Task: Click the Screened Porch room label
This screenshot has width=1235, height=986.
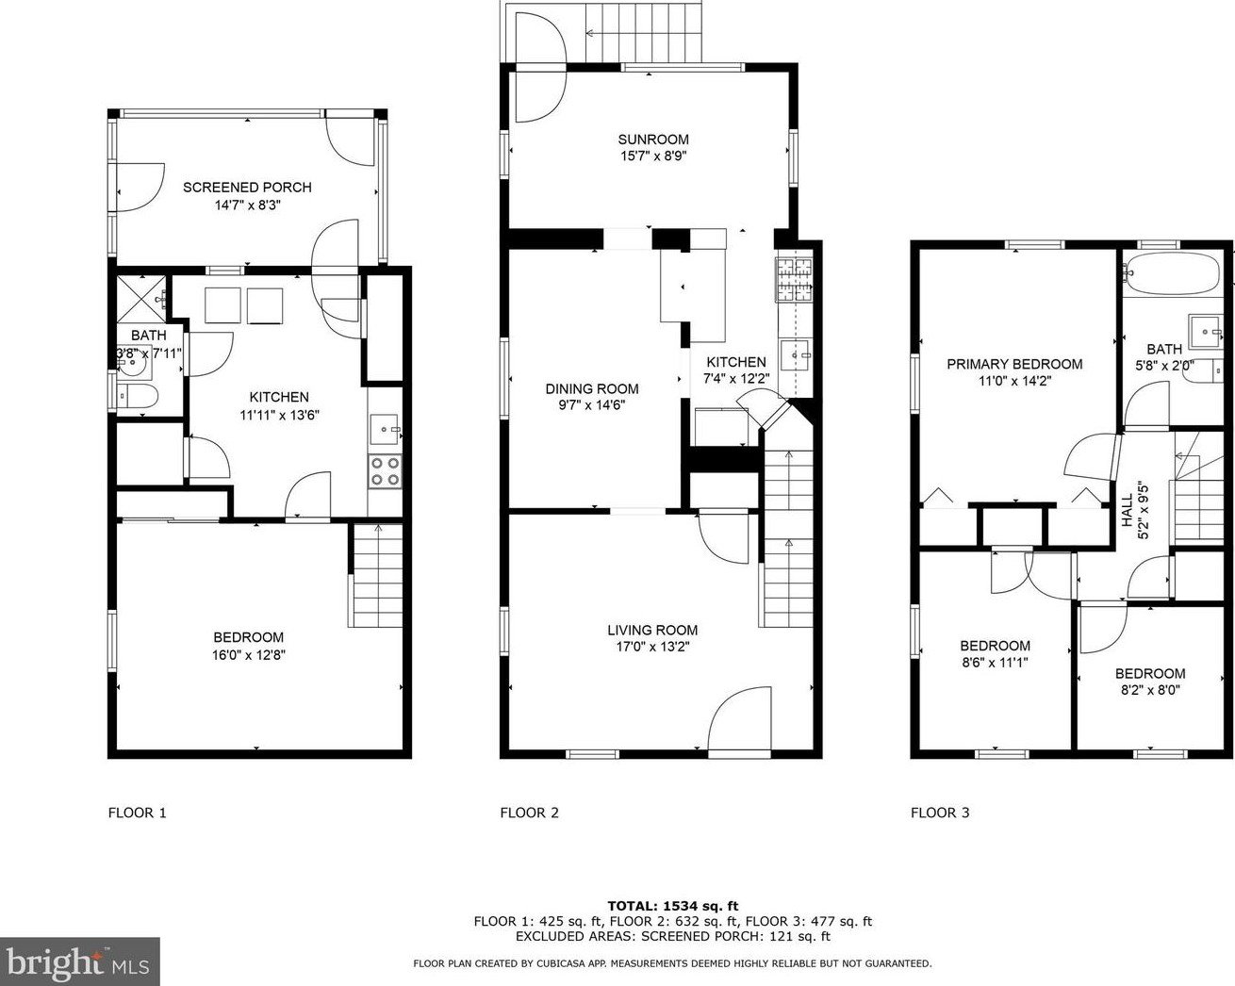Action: pos(247,188)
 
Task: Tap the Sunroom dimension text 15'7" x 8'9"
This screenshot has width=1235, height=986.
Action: pos(653,156)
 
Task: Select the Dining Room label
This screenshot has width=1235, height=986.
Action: pos(592,389)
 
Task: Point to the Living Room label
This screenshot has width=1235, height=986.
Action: pos(652,631)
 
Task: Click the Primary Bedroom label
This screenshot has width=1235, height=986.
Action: pos(1014,365)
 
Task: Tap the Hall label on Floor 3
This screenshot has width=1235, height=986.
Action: pos(1128,510)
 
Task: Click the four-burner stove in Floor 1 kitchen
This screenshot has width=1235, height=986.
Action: pos(385,471)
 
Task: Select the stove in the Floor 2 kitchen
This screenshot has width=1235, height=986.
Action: pos(794,280)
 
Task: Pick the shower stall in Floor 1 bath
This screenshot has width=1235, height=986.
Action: pos(141,300)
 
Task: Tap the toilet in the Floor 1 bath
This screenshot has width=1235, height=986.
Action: pos(137,396)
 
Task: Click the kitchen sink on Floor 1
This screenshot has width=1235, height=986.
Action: pos(384,429)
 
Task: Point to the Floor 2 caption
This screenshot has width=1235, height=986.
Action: pos(529,813)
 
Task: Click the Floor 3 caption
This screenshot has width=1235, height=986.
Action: pos(940,813)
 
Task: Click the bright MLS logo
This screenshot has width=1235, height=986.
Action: pos(79,961)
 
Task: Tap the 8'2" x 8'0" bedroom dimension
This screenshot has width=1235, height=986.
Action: pos(1150,690)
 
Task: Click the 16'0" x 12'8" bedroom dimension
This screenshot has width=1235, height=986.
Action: pos(249,655)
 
